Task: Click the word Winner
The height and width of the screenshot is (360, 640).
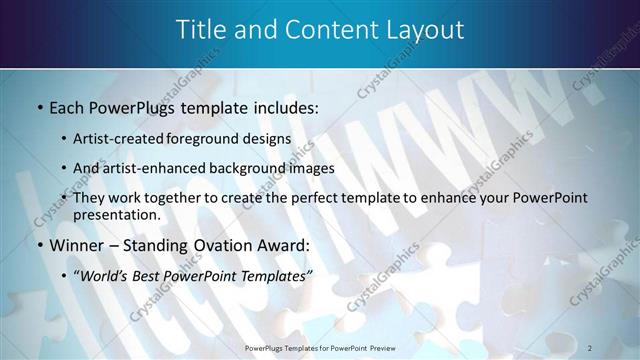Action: tap(77, 245)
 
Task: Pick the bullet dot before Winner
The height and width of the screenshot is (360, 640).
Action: tap(38, 245)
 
